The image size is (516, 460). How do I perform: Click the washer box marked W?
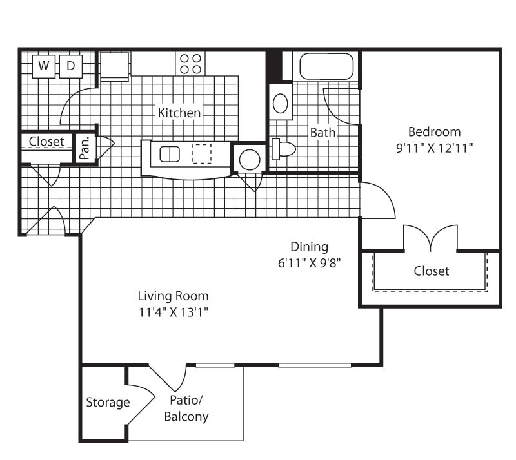tap(44, 66)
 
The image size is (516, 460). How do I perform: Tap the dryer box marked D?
tap(71, 66)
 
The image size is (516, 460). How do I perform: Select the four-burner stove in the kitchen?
tap(190, 64)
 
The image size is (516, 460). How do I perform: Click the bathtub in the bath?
tap(326, 66)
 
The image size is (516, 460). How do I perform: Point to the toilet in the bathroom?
tap(283, 149)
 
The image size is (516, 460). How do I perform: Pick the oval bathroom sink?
tap(281, 103)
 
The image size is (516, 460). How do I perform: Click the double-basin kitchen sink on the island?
tap(170, 154)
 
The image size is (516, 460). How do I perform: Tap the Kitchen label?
tap(179, 113)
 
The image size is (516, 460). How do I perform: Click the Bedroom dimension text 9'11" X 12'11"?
tap(434, 148)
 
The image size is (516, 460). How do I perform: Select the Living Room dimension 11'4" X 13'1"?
tap(174, 312)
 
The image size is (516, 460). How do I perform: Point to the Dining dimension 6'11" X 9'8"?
tap(309, 263)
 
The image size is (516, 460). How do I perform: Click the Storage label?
tap(108, 403)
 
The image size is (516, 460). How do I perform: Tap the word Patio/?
tap(186, 400)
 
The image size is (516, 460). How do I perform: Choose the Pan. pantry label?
tap(84, 148)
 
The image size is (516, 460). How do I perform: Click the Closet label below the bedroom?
tap(431, 271)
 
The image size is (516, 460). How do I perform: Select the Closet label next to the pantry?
tap(46, 141)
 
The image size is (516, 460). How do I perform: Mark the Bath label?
tap(323, 133)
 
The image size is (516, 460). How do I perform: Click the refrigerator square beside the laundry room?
tap(114, 66)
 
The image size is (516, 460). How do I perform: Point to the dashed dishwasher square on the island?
tap(201, 153)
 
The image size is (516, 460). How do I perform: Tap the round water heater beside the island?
tap(250, 160)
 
